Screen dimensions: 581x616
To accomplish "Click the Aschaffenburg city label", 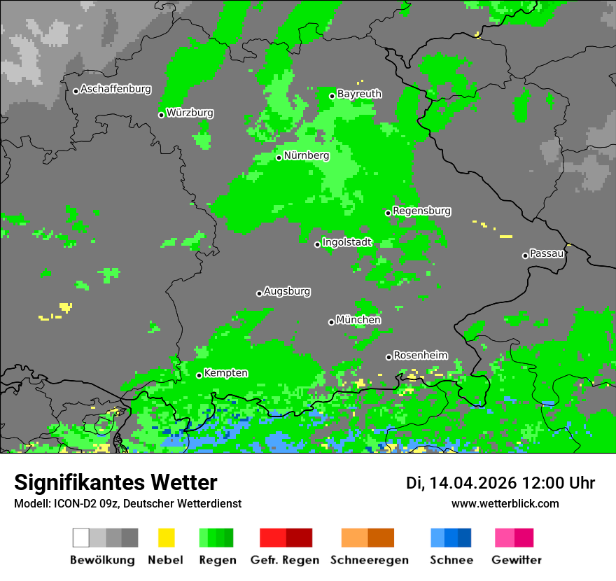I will tap(115, 89).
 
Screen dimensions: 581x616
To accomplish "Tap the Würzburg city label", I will tap(190, 113).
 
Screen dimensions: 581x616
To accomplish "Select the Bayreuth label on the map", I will tap(359, 94).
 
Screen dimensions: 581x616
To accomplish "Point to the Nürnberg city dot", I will tap(279, 157).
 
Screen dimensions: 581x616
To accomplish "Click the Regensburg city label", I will tap(421, 211).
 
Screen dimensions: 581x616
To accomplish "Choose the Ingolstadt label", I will tap(347, 242).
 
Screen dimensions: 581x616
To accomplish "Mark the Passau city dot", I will tap(525, 255).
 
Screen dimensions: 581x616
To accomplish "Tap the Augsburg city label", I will tap(287, 291).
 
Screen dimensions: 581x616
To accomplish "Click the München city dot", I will tap(331, 322).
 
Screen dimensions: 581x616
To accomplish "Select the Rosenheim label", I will tap(420, 356).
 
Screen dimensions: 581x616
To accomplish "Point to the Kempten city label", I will tap(225, 373).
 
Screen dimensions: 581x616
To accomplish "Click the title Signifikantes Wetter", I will tap(115, 483).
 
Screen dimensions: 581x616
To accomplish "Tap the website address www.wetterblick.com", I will tap(505, 504).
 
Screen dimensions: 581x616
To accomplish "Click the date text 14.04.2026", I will tap(472, 483).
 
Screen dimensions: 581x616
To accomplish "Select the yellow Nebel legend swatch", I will tap(166, 538).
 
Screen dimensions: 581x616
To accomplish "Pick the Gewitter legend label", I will tap(516, 560).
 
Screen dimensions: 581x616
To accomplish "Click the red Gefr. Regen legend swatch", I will tap(273, 538).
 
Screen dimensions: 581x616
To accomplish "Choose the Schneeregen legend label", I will tap(370, 560).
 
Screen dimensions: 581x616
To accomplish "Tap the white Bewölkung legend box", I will tap(81, 538).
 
